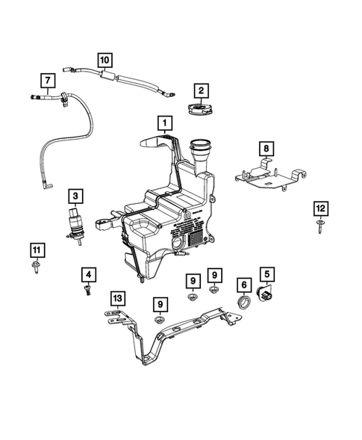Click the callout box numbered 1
(162, 121)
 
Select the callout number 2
(200, 91)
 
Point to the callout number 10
(104, 58)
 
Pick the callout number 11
(36, 249)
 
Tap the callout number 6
(244, 285)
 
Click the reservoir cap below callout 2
(200, 111)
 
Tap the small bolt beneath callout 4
(87, 291)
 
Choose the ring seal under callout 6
(244, 303)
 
